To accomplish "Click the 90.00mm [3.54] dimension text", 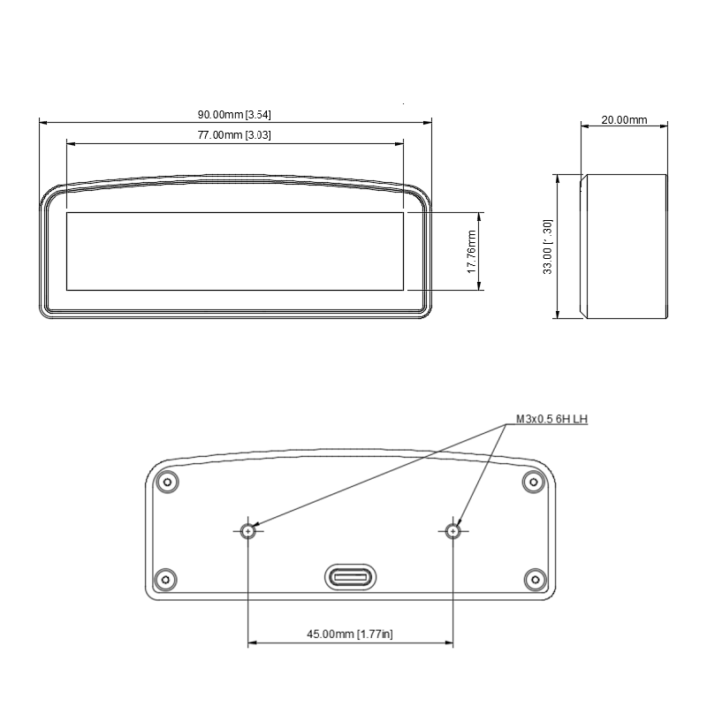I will [233, 115].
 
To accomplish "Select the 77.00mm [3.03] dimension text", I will [233, 135].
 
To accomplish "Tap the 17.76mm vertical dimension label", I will [472, 251].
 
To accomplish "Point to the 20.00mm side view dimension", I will [624, 120].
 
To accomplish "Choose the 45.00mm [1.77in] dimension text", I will [350, 634].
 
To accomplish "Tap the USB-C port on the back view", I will [351, 578].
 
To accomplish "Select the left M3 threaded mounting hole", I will [248, 531].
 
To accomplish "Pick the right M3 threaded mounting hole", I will [453, 531].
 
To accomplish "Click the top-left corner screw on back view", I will [166, 482].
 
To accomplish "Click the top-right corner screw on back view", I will [532, 482].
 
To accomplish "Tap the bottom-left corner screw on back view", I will [165, 580].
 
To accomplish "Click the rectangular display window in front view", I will [235, 251].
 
